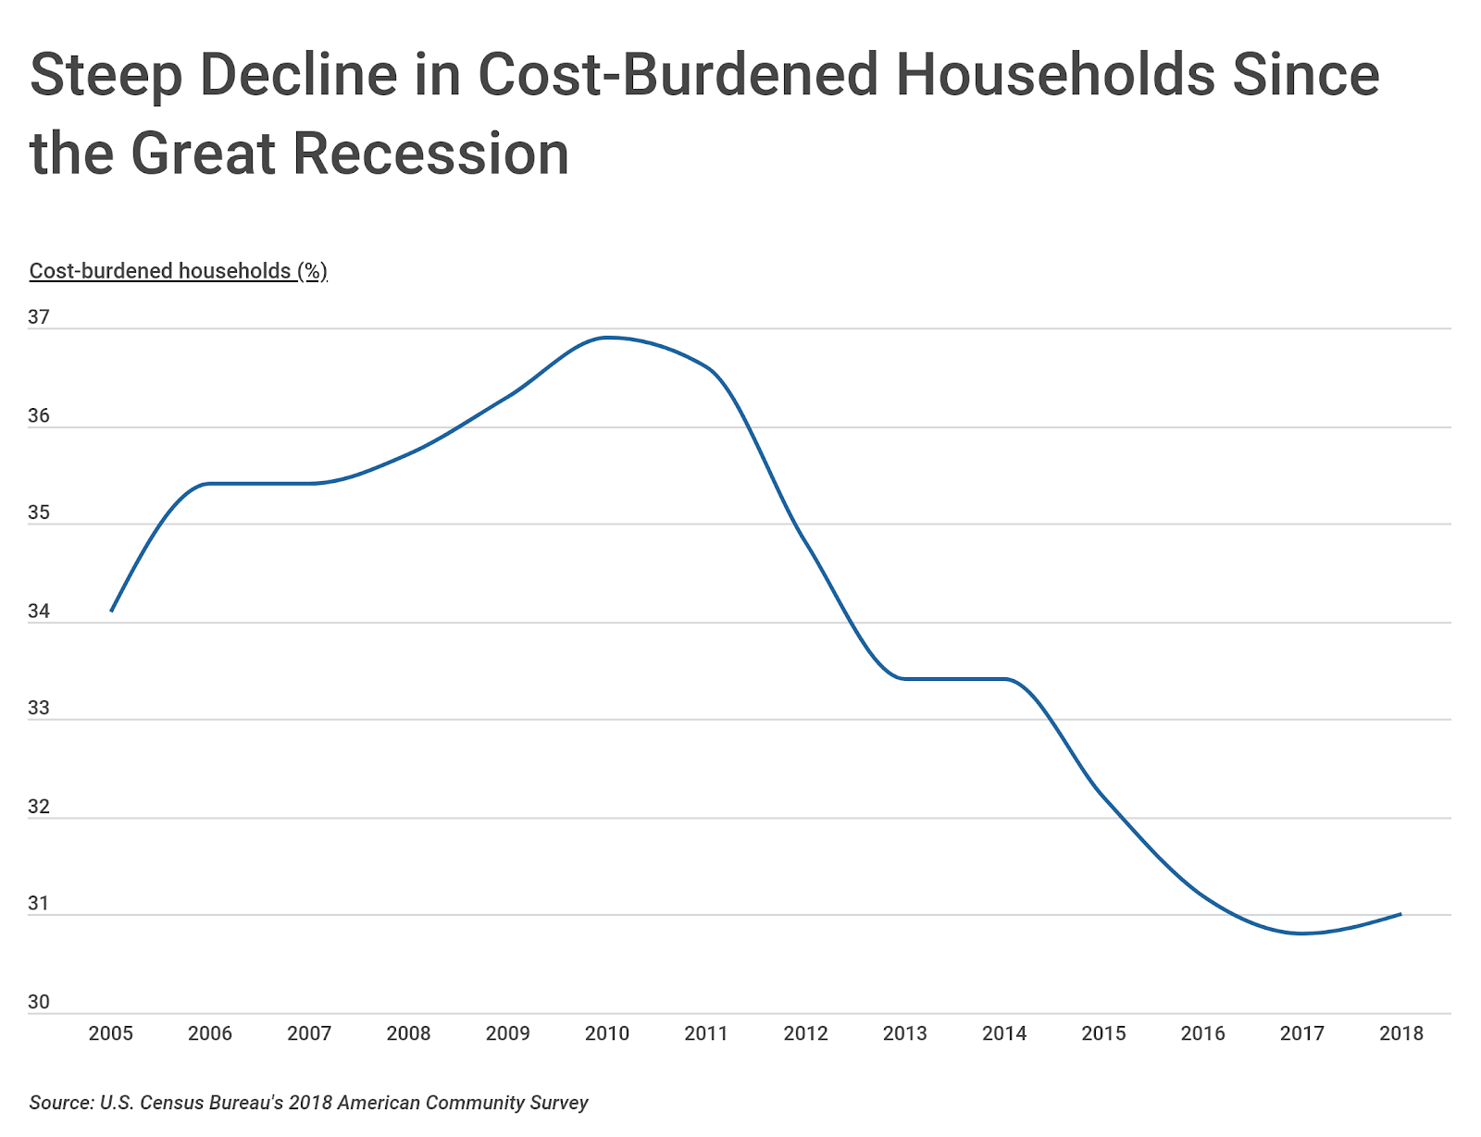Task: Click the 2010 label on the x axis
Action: [606, 1033]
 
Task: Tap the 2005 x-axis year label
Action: [110, 1033]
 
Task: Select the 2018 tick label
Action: [1401, 1033]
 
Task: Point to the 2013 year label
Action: [904, 1033]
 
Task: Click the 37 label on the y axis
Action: [39, 316]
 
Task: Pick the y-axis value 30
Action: [39, 1001]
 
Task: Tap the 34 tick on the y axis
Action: [39, 612]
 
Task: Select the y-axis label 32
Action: [39, 807]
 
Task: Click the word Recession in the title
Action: [430, 154]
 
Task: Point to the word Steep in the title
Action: [106, 76]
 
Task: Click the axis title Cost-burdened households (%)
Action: [179, 271]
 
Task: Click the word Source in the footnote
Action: [61, 1102]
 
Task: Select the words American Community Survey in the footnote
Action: [462, 1102]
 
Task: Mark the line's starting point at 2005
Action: [111, 612]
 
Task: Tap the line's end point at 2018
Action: [1401, 913]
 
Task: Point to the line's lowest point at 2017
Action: [1301, 933]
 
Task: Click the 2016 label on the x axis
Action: [1202, 1033]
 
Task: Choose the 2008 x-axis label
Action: [408, 1033]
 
